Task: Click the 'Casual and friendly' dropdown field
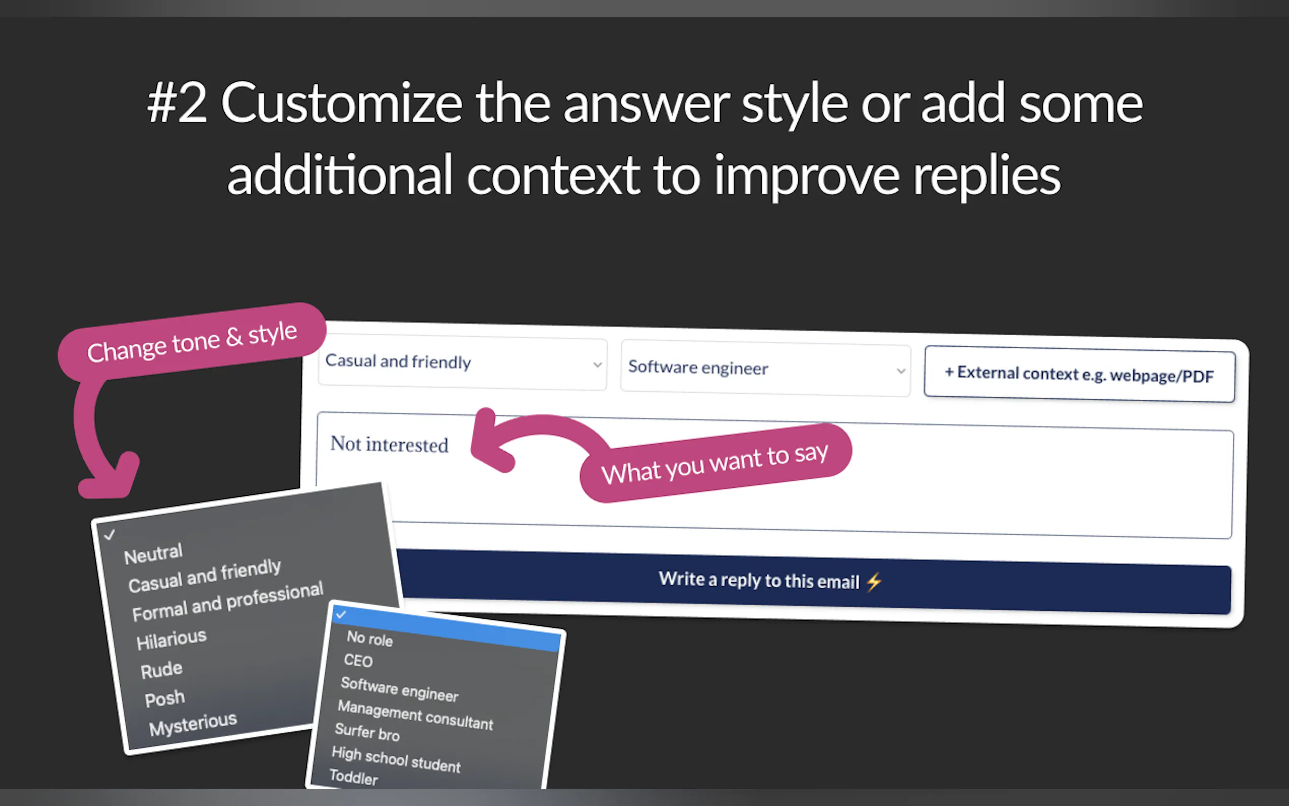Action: [x=462, y=364]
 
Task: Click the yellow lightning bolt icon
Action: [x=874, y=582]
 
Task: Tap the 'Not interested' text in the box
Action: [x=389, y=444]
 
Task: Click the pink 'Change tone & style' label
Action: [x=192, y=342]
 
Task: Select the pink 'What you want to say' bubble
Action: [x=715, y=463]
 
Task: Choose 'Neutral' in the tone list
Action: [x=153, y=554]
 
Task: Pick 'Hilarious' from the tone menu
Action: [x=171, y=639]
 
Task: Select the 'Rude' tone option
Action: [x=161, y=669]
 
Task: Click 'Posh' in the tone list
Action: [x=164, y=698]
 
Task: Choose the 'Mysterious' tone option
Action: [x=193, y=724]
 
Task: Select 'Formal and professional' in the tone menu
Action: [x=227, y=601]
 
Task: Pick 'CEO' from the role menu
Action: [x=358, y=661]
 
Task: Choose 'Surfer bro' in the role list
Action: [x=367, y=732]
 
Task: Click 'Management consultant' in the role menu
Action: [x=416, y=715]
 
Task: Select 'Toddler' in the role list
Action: [x=354, y=777]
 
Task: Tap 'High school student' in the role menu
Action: [x=396, y=760]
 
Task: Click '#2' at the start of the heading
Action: [x=177, y=103]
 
